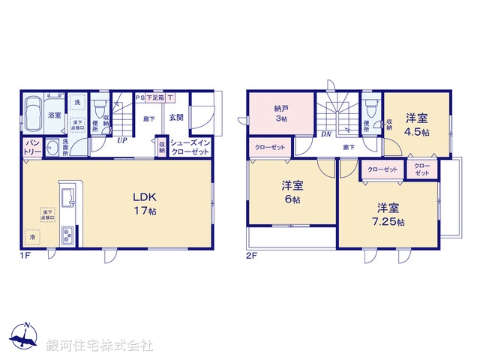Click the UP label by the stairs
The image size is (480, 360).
click(121, 139)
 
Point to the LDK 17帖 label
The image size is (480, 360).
click(146, 203)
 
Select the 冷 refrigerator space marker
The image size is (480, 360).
click(32, 237)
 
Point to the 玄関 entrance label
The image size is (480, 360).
click(175, 117)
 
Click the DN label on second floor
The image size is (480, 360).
click(326, 135)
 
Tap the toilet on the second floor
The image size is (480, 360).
click(369, 105)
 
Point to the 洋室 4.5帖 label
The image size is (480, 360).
click(418, 124)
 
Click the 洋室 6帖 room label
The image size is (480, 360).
click(292, 192)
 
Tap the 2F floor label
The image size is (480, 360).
click(251, 256)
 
